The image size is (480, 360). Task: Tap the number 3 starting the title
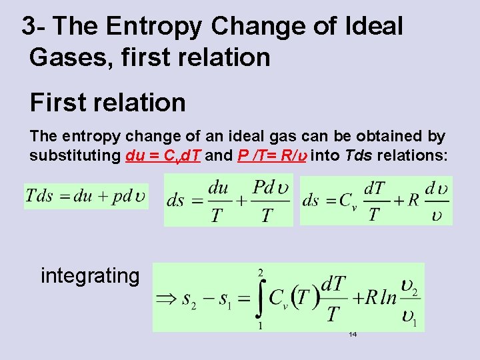click(x=29, y=27)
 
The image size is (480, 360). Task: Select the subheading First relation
click(x=107, y=103)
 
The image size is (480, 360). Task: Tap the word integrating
click(x=90, y=275)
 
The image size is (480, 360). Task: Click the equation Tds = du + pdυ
click(x=85, y=197)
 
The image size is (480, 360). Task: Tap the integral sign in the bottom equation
click(x=260, y=298)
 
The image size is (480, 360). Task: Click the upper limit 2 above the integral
click(x=261, y=272)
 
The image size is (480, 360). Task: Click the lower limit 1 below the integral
click(x=259, y=326)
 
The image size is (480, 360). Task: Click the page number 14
click(x=353, y=334)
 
